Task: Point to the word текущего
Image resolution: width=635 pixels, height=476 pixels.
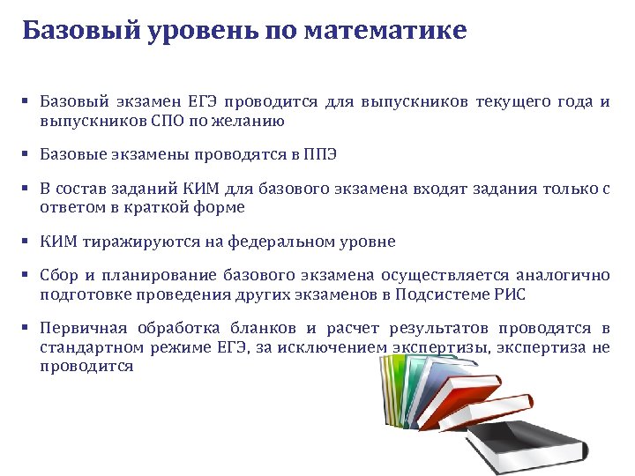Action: (513, 102)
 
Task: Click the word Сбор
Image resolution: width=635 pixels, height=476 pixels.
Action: (59, 276)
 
